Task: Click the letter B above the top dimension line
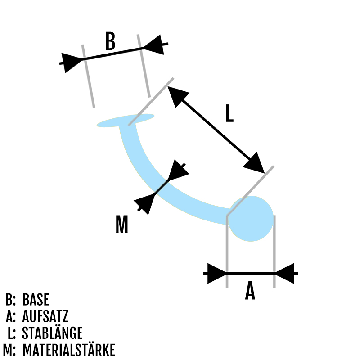click(x=110, y=41)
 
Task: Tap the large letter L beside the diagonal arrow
click(x=229, y=113)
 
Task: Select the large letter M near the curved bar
click(x=122, y=225)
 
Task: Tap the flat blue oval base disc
click(x=125, y=121)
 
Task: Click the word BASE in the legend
click(x=36, y=300)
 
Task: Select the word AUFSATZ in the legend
click(x=45, y=316)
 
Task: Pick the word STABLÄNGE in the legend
click(x=52, y=333)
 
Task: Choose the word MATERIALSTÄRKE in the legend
click(x=68, y=350)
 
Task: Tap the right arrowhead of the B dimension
click(x=153, y=45)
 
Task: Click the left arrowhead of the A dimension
click(x=216, y=273)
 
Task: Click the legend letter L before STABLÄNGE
click(x=12, y=333)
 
